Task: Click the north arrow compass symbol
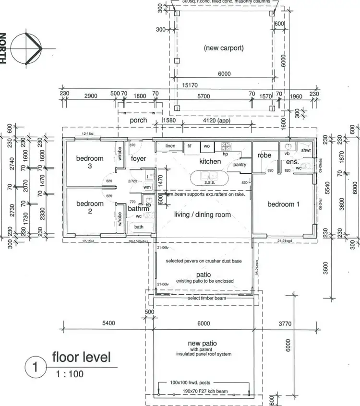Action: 27,48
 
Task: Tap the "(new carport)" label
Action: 224,48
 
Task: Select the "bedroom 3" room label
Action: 90,162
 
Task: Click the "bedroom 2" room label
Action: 90,207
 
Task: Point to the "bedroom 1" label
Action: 283,204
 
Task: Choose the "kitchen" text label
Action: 210,161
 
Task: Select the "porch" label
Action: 139,120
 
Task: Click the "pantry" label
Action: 240,165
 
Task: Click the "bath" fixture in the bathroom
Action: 139,227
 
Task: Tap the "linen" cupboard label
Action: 170,145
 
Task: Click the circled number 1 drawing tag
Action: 35,368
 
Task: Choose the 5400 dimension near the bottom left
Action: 108,323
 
